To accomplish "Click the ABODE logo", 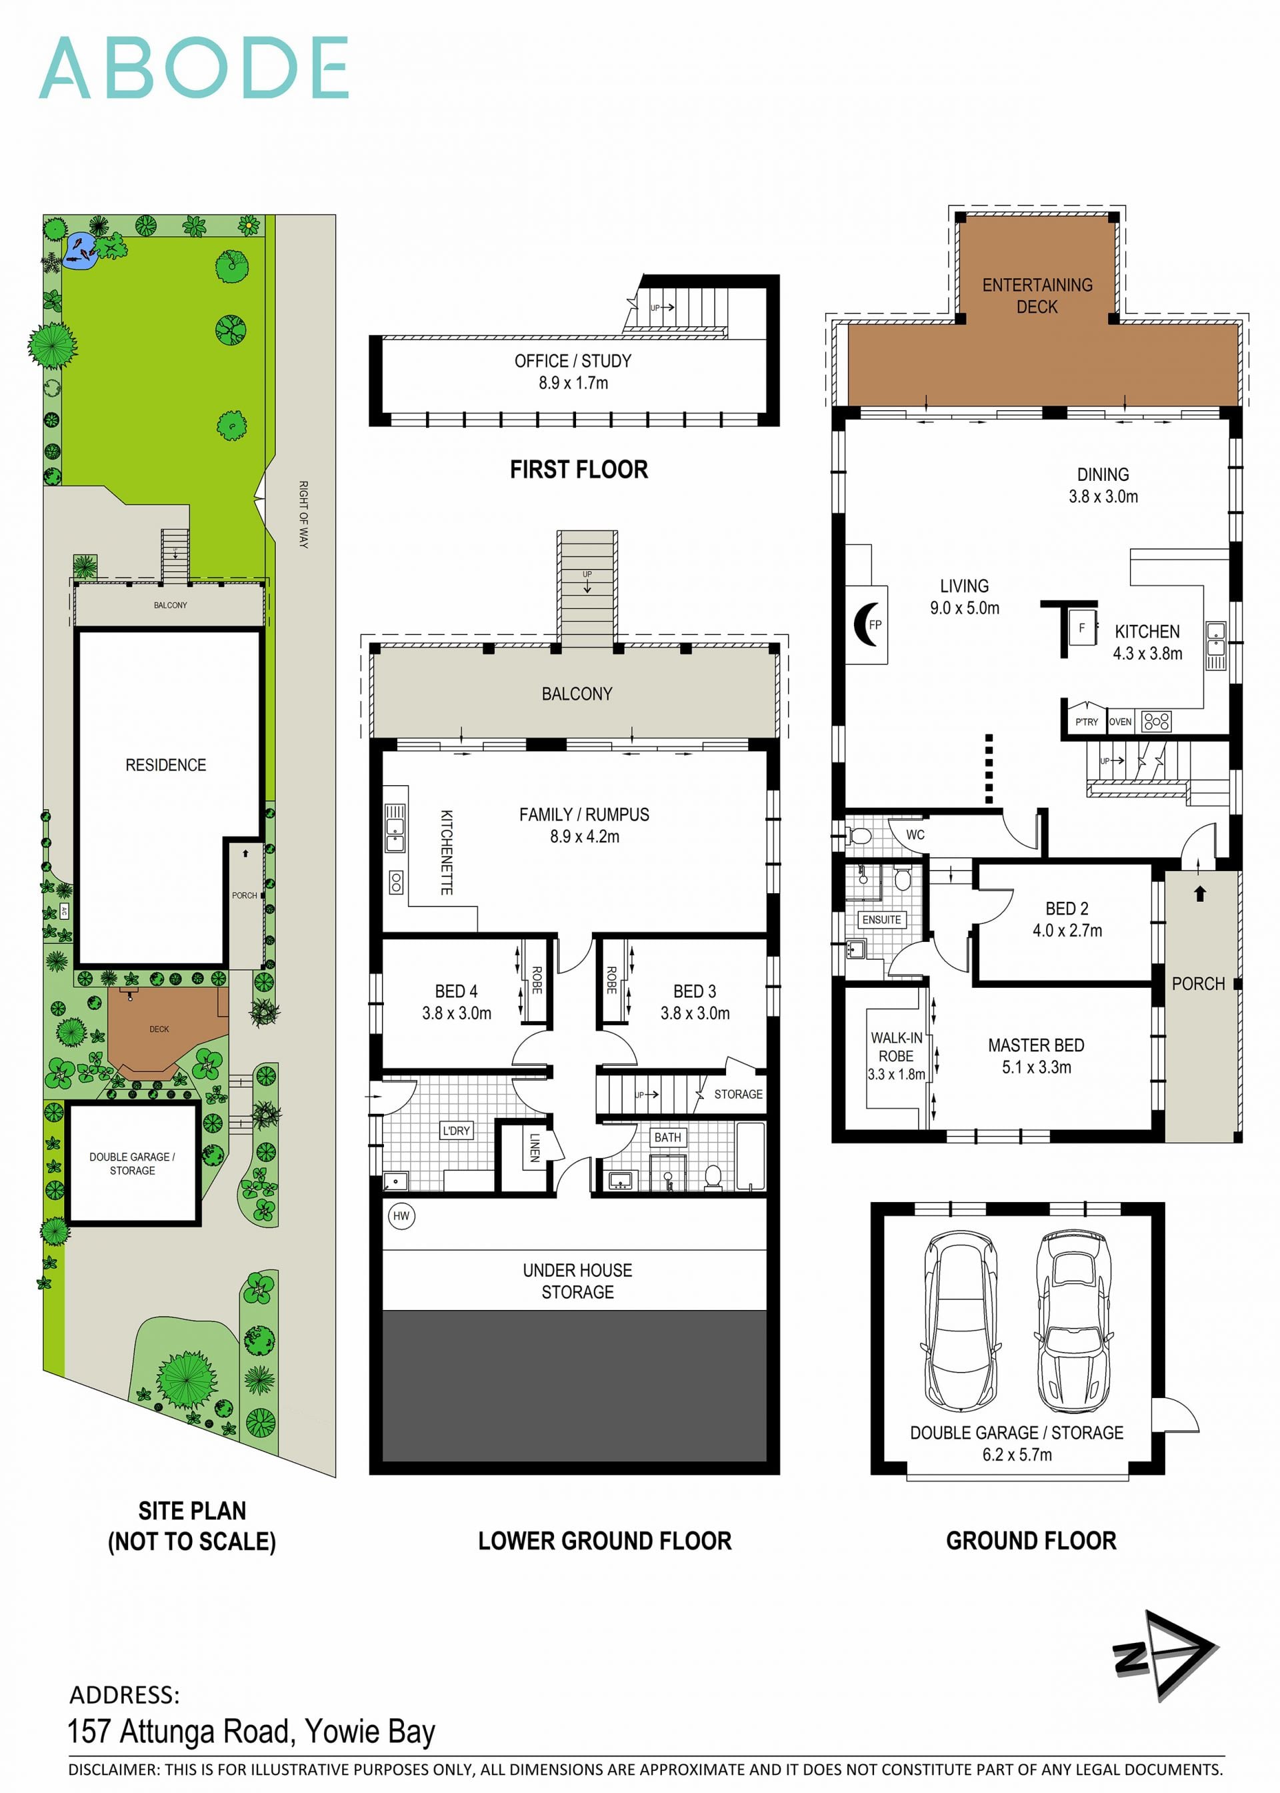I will point(193,68).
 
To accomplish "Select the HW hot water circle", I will point(401,1215).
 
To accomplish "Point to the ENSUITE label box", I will point(881,919).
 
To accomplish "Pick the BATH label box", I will point(667,1137).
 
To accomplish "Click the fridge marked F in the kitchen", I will point(1082,628).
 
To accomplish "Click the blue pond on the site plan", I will point(79,251).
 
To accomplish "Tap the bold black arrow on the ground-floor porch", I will point(1199,893).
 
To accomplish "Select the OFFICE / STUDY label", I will point(573,361).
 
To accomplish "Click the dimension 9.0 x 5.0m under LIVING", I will point(964,608).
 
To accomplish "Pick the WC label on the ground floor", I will point(915,834).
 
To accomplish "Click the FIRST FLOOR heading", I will point(579,470).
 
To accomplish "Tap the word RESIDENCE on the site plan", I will point(165,765).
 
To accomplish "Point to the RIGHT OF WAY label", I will point(303,514).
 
